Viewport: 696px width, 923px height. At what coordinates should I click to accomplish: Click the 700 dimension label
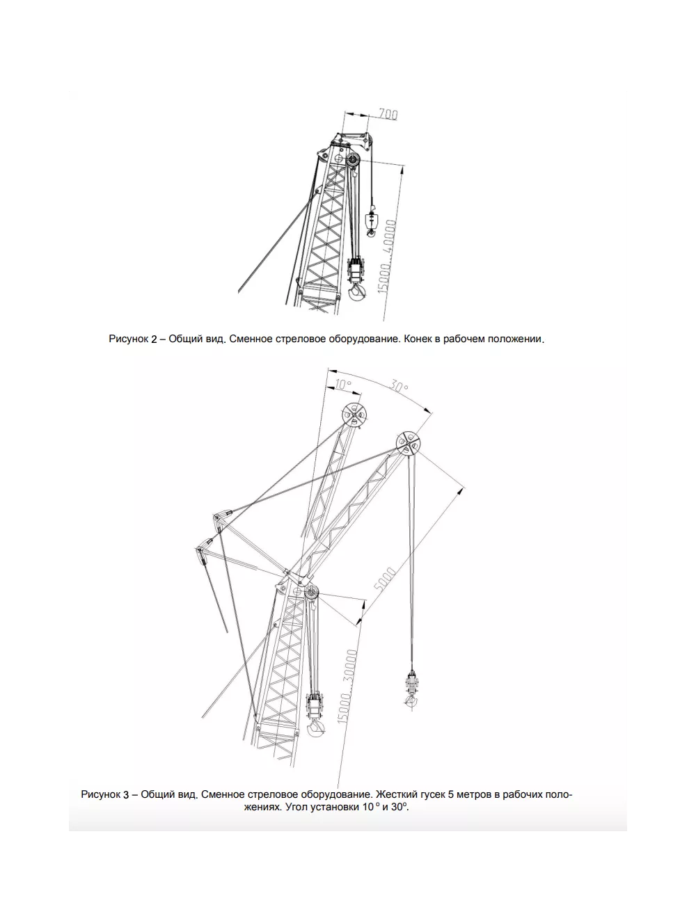[388, 114]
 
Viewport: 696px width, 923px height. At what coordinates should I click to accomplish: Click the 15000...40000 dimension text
[387, 257]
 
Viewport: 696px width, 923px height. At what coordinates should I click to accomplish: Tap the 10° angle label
[343, 385]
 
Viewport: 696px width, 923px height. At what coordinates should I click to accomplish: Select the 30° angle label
[399, 387]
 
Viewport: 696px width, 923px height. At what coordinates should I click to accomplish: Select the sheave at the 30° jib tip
[408, 443]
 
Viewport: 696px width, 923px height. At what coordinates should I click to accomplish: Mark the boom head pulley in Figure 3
[311, 593]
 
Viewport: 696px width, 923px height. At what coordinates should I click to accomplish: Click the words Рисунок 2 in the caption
[133, 339]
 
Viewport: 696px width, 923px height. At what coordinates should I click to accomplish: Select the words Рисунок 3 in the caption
[105, 794]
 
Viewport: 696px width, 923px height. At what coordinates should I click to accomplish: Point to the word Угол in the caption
[296, 807]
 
